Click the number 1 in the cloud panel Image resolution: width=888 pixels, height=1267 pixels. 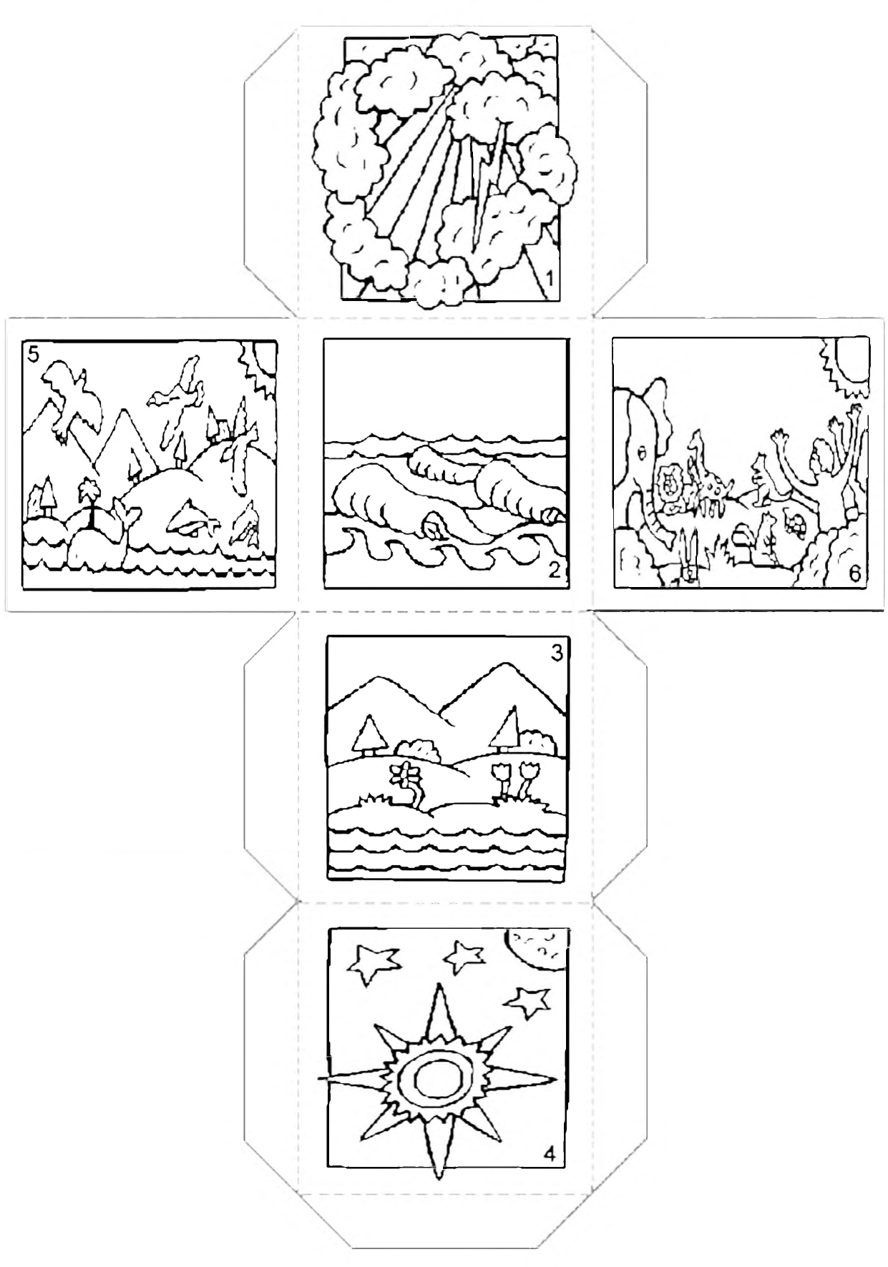coord(549,278)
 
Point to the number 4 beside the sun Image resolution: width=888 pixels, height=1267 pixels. coord(550,1153)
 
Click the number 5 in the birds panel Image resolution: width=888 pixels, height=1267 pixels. coord(33,355)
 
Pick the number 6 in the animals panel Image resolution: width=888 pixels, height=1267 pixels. coord(855,573)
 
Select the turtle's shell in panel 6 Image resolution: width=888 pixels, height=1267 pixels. coord(795,523)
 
